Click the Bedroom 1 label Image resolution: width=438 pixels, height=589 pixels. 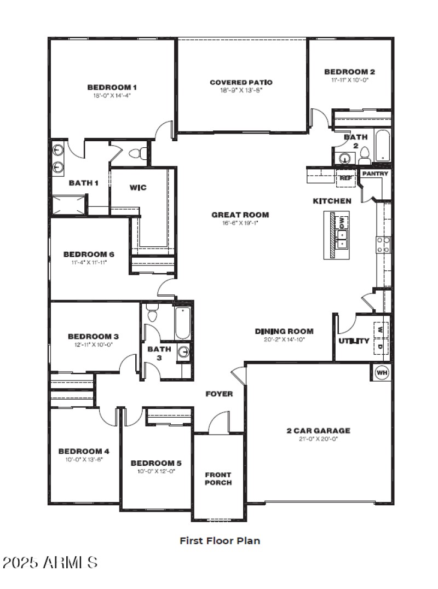click(x=112, y=87)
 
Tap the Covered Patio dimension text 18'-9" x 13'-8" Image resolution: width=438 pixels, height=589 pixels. click(x=241, y=90)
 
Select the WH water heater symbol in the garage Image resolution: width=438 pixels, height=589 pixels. click(x=382, y=373)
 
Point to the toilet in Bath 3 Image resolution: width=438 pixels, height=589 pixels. click(x=153, y=315)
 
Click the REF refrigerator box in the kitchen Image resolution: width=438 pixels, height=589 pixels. click(x=345, y=178)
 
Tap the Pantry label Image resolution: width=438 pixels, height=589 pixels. click(x=375, y=174)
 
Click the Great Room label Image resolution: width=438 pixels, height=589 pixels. click(x=240, y=215)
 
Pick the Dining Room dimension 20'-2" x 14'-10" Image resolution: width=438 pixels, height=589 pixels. click(x=284, y=339)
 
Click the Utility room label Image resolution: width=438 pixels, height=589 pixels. click(x=354, y=341)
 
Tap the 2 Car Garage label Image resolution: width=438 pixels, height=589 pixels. click(x=318, y=430)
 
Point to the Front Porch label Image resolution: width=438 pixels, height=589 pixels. click(x=218, y=478)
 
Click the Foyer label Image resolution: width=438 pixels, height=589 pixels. click(x=219, y=394)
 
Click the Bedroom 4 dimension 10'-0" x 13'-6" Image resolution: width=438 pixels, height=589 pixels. click(x=84, y=459)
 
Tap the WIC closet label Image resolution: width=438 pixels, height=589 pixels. click(x=137, y=188)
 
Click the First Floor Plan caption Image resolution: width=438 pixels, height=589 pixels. click(x=220, y=540)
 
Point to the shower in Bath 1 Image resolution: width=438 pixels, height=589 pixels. click(x=68, y=205)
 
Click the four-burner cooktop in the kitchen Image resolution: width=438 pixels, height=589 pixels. click(x=383, y=244)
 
